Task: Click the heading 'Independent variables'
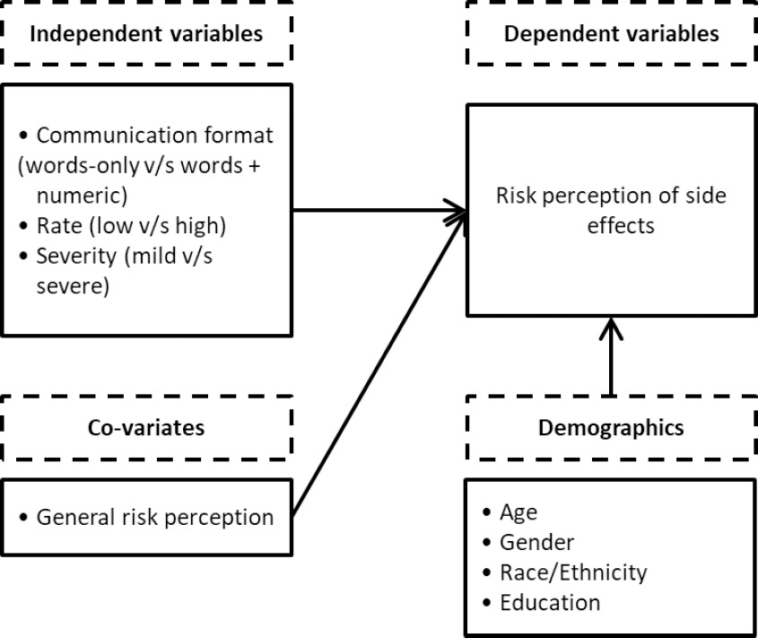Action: pos(146,34)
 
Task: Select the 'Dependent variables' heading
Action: pos(611,34)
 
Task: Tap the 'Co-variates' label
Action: pos(145,428)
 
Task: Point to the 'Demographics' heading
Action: pos(611,428)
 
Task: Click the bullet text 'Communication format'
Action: pos(154,135)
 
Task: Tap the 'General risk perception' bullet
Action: pos(154,517)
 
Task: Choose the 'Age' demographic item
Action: pos(519,512)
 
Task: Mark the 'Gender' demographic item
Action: pos(536,542)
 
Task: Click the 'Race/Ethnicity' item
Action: pos(573,572)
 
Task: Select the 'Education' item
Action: pos(550,601)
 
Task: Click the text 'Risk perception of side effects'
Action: pos(611,210)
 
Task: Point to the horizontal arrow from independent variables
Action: pos(377,211)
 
